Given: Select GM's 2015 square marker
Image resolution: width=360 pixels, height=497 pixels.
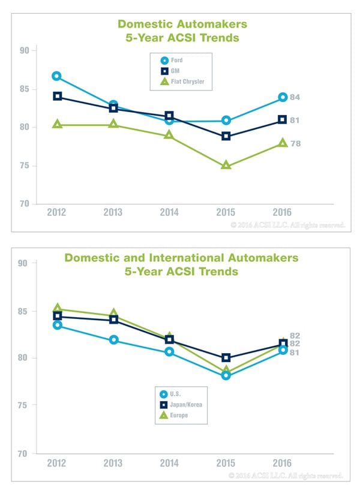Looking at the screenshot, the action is point(226,136).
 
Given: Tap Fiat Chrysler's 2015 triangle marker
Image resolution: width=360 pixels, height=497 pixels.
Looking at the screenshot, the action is point(226,165).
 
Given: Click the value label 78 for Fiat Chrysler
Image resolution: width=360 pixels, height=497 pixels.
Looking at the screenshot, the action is point(295,144).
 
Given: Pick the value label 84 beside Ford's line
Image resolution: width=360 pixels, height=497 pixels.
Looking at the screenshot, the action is point(295,97).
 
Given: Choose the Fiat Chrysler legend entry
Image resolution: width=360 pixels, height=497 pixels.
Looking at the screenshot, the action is point(182,82).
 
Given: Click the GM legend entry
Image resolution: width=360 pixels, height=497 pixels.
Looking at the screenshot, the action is point(170,71).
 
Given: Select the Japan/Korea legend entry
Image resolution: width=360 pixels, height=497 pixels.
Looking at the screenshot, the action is point(181,405).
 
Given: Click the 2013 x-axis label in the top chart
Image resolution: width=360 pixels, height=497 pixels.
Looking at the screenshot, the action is point(113,212).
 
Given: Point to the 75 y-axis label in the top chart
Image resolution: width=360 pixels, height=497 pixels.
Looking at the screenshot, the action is point(24,165).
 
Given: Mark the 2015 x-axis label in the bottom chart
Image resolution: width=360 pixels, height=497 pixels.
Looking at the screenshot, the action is point(226,463).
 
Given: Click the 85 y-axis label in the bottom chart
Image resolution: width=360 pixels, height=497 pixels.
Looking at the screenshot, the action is point(23,311).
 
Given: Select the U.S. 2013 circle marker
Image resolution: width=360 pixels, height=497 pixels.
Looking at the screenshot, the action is point(113,340).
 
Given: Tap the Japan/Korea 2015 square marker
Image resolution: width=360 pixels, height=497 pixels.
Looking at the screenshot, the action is point(226,357).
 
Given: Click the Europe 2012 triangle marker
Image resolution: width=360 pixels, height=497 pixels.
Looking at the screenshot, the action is point(58,308).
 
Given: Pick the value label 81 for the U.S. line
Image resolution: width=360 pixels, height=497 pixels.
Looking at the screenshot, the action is point(295,353).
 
